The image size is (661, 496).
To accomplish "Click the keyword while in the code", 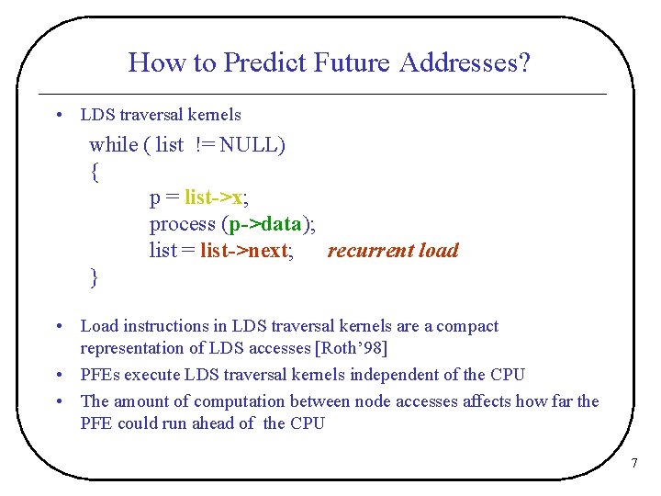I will (x=113, y=144).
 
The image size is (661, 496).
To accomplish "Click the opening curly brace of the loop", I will (x=95, y=172).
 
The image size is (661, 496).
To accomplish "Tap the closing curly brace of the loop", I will (x=95, y=276).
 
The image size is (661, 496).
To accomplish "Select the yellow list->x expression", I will (x=215, y=197).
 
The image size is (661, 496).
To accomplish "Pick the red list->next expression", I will (x=243, y=251).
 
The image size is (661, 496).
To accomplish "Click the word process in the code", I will (x=182, y=224).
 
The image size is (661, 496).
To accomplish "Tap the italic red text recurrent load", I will (x=392, y=251).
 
